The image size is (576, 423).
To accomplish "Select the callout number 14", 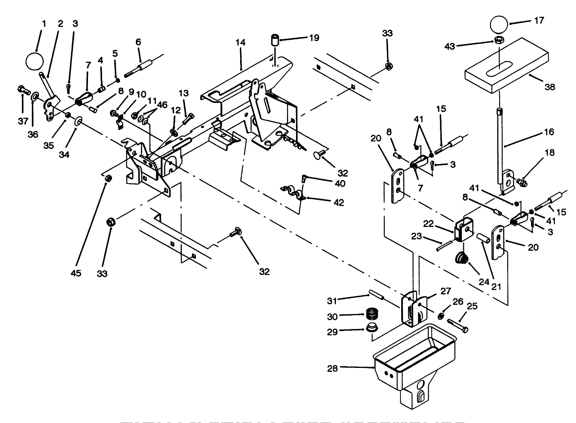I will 240,43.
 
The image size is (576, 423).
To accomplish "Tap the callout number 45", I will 76,273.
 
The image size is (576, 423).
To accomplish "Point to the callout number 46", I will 162,105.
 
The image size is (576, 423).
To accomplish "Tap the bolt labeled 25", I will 458,325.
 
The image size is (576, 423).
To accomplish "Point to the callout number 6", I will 138,42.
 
